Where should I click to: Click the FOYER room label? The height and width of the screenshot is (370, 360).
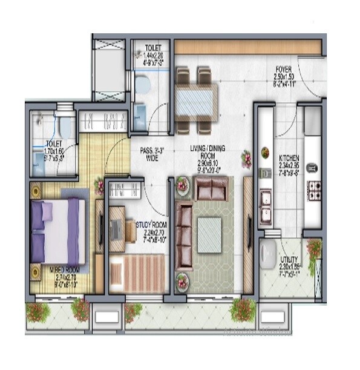pos(284,70)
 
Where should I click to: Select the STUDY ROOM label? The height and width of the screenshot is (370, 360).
pos(150,225)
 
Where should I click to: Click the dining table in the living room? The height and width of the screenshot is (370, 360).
pos(195,99)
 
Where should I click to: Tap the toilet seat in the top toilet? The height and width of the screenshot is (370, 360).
pos(143,85)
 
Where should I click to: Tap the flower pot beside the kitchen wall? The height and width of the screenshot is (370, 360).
pos(246,160)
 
